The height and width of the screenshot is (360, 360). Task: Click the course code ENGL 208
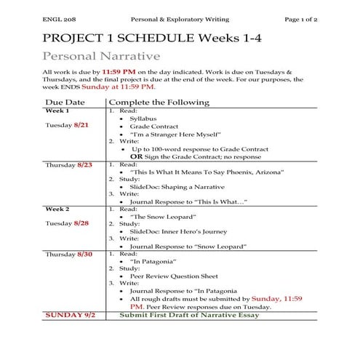[x=57, y=17]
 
